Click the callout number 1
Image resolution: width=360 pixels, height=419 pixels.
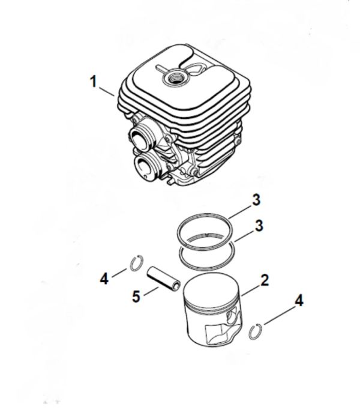93,81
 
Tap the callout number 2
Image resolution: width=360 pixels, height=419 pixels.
264,280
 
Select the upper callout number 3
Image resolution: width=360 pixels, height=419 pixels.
256,200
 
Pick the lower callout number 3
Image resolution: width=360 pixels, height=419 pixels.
259,226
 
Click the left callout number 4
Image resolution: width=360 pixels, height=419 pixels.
104,279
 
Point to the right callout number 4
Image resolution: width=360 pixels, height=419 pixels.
299,300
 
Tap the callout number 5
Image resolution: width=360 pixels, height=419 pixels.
136,297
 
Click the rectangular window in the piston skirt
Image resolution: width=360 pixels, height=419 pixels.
218,333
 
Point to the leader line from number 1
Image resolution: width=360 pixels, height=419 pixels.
107,91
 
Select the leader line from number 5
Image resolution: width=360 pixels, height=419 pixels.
151,291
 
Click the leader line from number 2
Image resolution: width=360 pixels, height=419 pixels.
251,290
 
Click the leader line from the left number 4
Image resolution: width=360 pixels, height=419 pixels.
119,273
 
